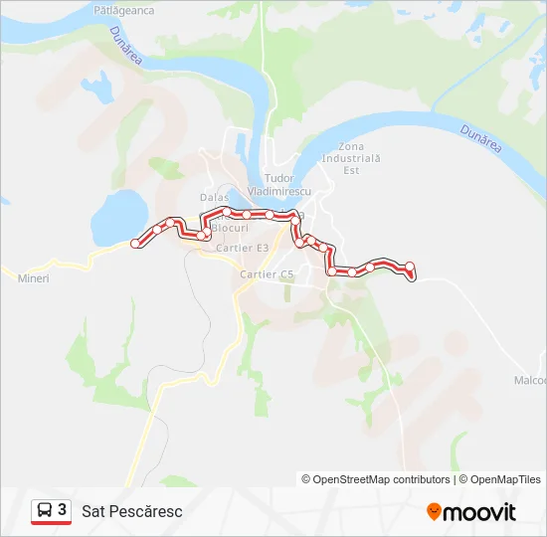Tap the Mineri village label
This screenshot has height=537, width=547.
[33, 277]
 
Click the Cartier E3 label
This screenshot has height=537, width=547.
[243, 248]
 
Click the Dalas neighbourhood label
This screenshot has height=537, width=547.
[214, 197]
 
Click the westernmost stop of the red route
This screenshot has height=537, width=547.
[137, 243]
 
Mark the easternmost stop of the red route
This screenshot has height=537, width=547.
[409, 266]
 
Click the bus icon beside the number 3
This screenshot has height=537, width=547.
[45, 511]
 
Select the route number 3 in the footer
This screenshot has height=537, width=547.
[63, 510]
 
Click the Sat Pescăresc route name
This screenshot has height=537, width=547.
[138, 511]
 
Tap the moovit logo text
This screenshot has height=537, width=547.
[479, 512]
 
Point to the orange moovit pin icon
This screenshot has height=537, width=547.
[434, 512]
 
